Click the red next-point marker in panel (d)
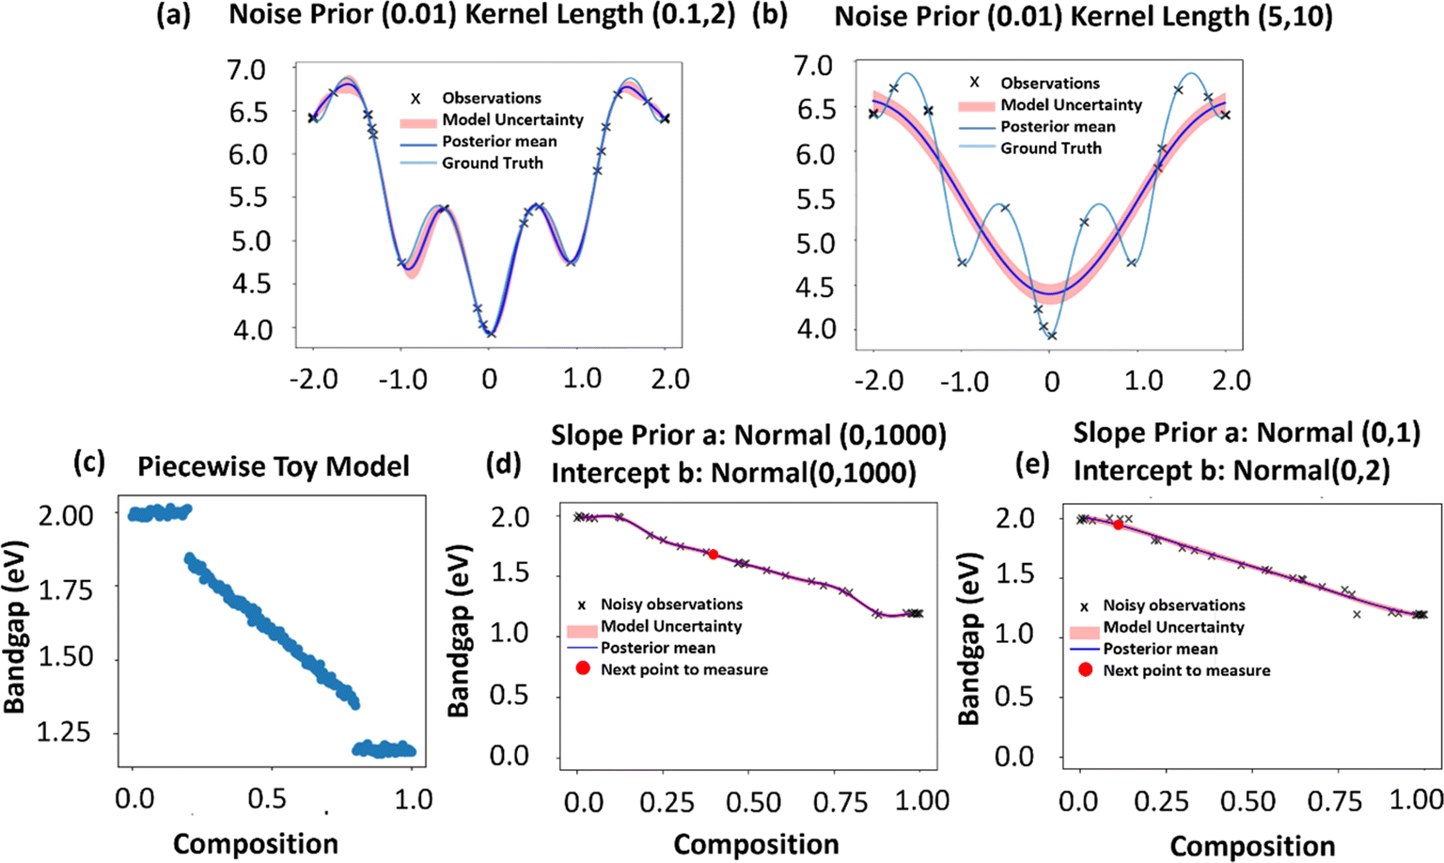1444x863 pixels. pos(714,555)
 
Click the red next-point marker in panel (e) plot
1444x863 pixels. pos(1118,525)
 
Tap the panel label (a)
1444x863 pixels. pos(173,16)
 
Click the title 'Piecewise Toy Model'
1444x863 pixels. pos(274,466)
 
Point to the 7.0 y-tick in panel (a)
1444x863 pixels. pos(246,70)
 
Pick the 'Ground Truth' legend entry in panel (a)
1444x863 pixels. pos(493,163)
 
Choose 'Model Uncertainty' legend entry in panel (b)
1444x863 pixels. pos(1071,104)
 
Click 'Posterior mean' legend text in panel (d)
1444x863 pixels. pos(658,648)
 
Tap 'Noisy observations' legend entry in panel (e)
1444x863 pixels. pos(1174,605)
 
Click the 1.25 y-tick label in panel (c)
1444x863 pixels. pos(65,732)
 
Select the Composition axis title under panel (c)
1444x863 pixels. pos(256,843)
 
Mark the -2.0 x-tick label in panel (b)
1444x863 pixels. pos(879,382)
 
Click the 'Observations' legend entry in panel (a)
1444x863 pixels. pos(492,98)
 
